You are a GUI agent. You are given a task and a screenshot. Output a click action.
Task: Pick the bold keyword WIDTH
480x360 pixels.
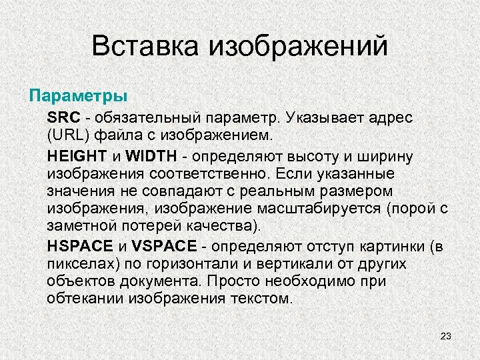(x=151, y=157)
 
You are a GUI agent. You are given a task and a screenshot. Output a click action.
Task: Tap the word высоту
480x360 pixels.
(x=312, y=157)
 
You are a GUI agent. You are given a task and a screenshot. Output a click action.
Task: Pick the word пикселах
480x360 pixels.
(x=77, y=263)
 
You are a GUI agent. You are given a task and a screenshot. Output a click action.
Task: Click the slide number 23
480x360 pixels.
(x=446, y=336)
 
